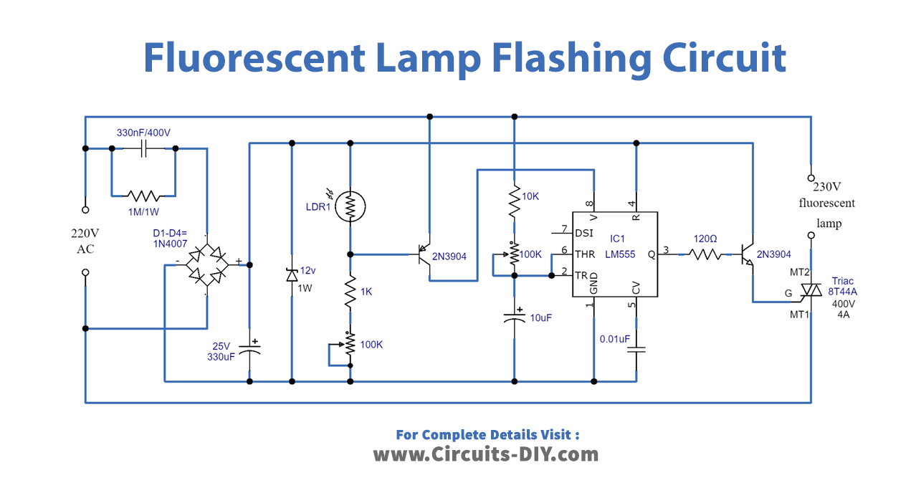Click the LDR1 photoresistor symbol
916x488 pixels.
[x=350, y=206]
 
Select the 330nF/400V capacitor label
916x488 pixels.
[x=143, y=133]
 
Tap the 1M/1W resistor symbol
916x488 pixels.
[x=143, y=195]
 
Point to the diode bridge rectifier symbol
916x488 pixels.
[x=207, y=264]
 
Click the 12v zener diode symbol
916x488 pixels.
[x=291, y=274]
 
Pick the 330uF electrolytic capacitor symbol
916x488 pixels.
[x=249, y=349]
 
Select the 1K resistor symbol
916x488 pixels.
[x=350, y=294]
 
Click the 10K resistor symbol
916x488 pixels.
[x=514, y=203]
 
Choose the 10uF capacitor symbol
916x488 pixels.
[x=514, y=317]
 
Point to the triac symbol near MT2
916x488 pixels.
[x=811, y=290]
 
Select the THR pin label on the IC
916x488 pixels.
[x=585, y=253]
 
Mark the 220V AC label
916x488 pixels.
[x=85, y=241]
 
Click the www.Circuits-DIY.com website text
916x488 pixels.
[x=485, y=454]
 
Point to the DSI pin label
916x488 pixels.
[x=583, y=232]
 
